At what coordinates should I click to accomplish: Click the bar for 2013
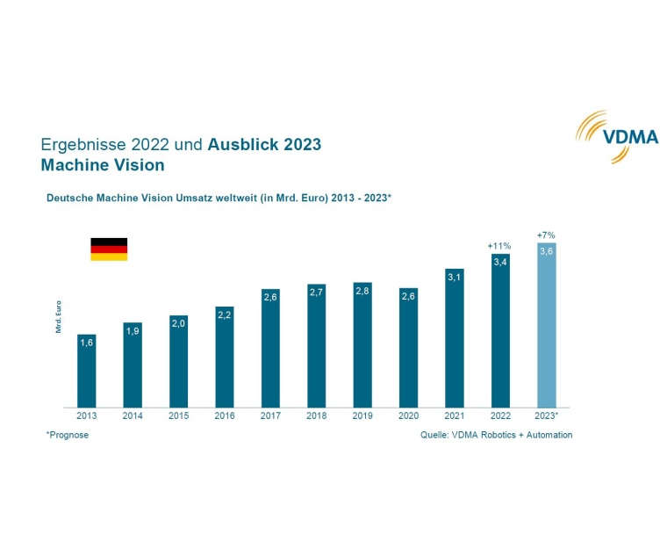[x=86, y=371]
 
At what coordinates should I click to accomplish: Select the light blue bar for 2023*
[x=546, y=325]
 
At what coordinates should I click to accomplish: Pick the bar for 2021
[x=454, y=337]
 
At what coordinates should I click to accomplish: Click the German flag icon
[x=109, y=249]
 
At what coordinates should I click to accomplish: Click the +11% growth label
[x=499, y=246]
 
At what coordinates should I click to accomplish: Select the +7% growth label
[x=546, y=235]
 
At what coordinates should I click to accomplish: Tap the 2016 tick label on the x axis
[x=224, y=415]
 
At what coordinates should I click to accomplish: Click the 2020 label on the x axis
[x=407, y=415]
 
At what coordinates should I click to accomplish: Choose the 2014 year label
[x=132, y=415]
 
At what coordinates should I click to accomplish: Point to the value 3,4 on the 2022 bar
[x=499, y=262]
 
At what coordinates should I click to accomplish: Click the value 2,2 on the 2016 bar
[x=224, y=314]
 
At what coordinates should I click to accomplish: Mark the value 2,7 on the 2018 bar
[x=316, y=292]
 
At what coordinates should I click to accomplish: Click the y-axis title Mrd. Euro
[x=58, y=316]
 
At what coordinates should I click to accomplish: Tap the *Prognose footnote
[x=68, y=435]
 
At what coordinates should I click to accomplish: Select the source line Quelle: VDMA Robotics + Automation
[x=497, y=435]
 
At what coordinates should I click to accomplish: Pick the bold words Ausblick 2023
[x=264, y=144]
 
